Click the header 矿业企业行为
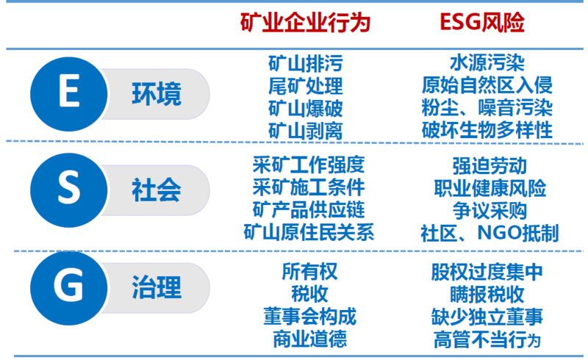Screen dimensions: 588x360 (305, 22)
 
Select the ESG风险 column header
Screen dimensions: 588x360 (482, 22)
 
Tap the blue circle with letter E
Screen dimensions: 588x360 (69, 94)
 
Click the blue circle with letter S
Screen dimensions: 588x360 (69, 190)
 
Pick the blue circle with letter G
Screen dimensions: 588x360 (69, 288)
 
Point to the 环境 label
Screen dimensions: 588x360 (157, 94)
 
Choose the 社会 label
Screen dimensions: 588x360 (157, 190)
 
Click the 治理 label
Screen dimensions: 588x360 (157, 287)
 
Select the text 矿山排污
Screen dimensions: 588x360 (306, 63)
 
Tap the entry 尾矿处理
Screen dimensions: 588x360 (306, 86)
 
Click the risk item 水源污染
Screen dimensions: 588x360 (487, 62)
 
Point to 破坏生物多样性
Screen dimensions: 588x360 (487, 130)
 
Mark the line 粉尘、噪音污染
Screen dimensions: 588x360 (487, 107)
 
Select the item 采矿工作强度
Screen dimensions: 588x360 (309, 165)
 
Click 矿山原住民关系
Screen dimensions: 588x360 (309, 232)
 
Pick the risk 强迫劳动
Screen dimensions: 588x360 (490, 166)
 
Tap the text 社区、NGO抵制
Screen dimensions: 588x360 (490, 233)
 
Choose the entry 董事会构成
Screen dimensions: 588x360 (309, 317)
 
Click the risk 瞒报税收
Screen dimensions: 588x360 (487, 295)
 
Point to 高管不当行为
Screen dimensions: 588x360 (487, 340)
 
